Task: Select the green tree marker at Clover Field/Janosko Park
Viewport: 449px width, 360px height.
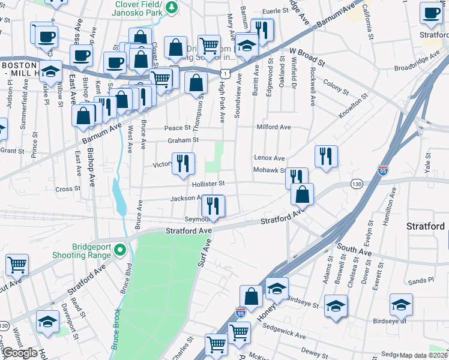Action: [x=172, y=7]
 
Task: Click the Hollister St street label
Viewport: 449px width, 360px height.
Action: [x=208, y=184]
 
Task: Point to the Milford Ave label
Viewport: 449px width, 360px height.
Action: [x=274, y=127]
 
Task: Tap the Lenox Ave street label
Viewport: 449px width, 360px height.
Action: [x=270, y=158]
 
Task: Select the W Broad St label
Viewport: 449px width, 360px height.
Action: [x=307, y=57]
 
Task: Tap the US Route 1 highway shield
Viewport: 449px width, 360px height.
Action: [x=223, y=73]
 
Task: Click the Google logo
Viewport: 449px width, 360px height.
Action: [x=20, y=353]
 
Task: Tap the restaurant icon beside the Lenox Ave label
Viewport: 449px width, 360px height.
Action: [x=326, y=157]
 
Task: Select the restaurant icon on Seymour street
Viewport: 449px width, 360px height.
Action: [x=213, y=207]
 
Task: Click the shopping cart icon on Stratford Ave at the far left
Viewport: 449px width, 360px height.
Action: [x=17, y=265]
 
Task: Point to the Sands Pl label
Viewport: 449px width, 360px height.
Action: [x=421, y=280]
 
